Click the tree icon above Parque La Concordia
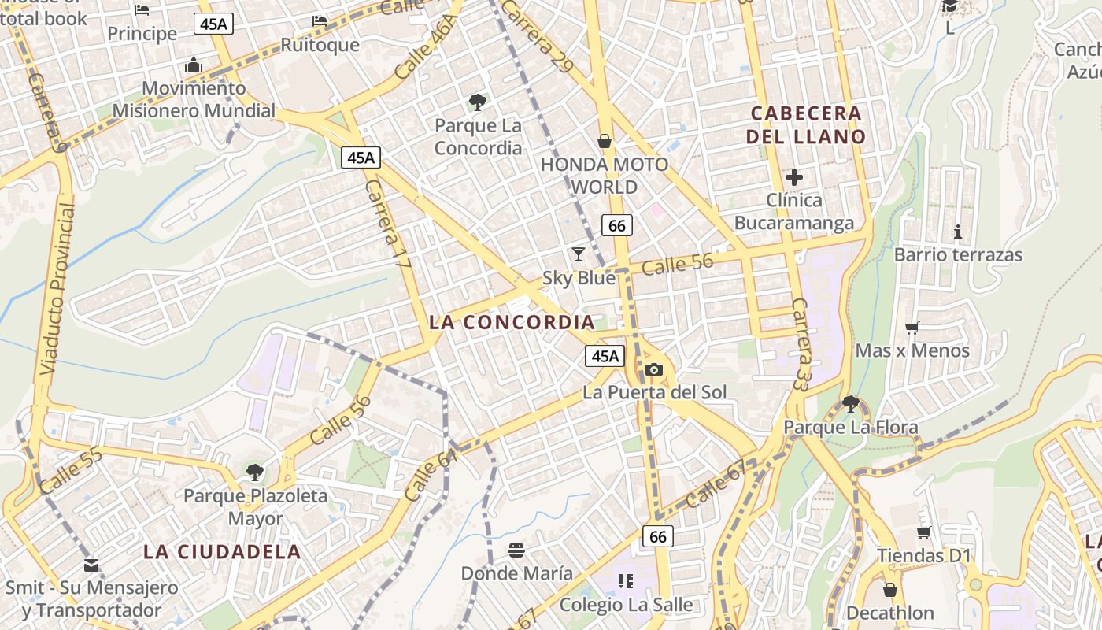point(477,102)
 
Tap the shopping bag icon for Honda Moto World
point(605,141)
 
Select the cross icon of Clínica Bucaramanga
point(794,177)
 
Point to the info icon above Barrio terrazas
point(958,232)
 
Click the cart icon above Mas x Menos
point(912,328)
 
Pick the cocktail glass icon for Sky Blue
point(579,254)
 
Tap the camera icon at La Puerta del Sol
point(653,369)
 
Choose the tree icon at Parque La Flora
point(850,404)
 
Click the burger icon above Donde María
point(516,549)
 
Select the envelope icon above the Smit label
point(91,565)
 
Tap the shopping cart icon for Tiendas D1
point(924,532)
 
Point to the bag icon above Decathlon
point(890,590)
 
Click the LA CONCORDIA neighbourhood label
point(512,322)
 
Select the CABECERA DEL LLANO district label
point(806,124)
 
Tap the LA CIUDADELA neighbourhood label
point(222,551)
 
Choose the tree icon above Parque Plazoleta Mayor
point(254,472)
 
